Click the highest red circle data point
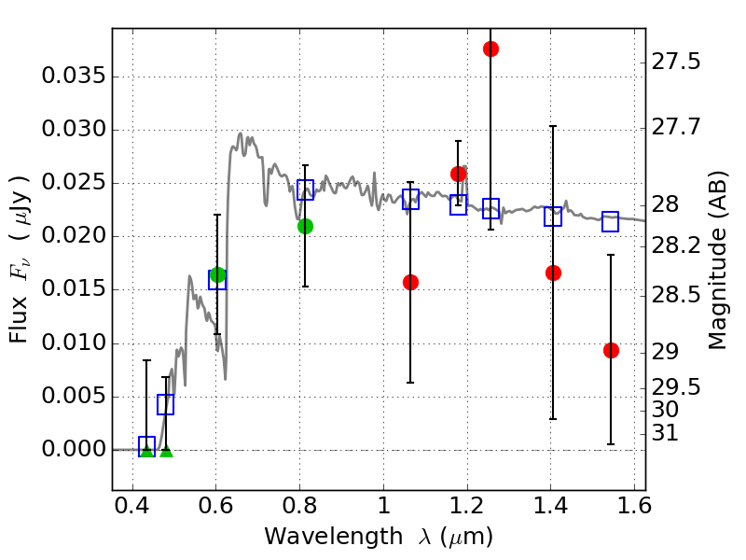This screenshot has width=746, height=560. (490, 49)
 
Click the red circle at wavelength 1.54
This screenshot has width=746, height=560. (611, 350)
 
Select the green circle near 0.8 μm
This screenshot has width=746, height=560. (305, 226)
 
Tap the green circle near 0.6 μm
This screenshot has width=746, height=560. (217, 274)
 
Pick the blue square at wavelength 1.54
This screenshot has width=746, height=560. (611, 221)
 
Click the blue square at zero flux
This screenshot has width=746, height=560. (146, 446)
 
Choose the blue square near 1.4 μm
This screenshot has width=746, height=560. (553, 217)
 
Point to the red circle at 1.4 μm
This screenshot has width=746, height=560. (553, 273)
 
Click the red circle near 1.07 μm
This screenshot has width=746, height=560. (410, 282)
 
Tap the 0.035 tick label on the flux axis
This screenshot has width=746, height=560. (72, 77)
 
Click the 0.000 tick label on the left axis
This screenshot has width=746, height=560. (72, 450)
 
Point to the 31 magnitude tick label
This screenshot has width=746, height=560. (670, 433)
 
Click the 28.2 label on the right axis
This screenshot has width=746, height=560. (679, 245)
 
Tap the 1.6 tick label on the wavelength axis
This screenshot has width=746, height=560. (633, 511)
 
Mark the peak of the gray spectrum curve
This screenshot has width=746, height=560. (240, 133)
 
